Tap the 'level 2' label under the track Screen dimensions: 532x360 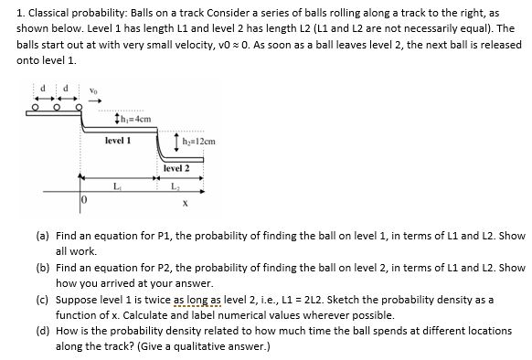point(176,169)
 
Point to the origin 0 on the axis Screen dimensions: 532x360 point(81,197)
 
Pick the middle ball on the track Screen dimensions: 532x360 point(58,112)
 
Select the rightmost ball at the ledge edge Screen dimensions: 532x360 point(80,112)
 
